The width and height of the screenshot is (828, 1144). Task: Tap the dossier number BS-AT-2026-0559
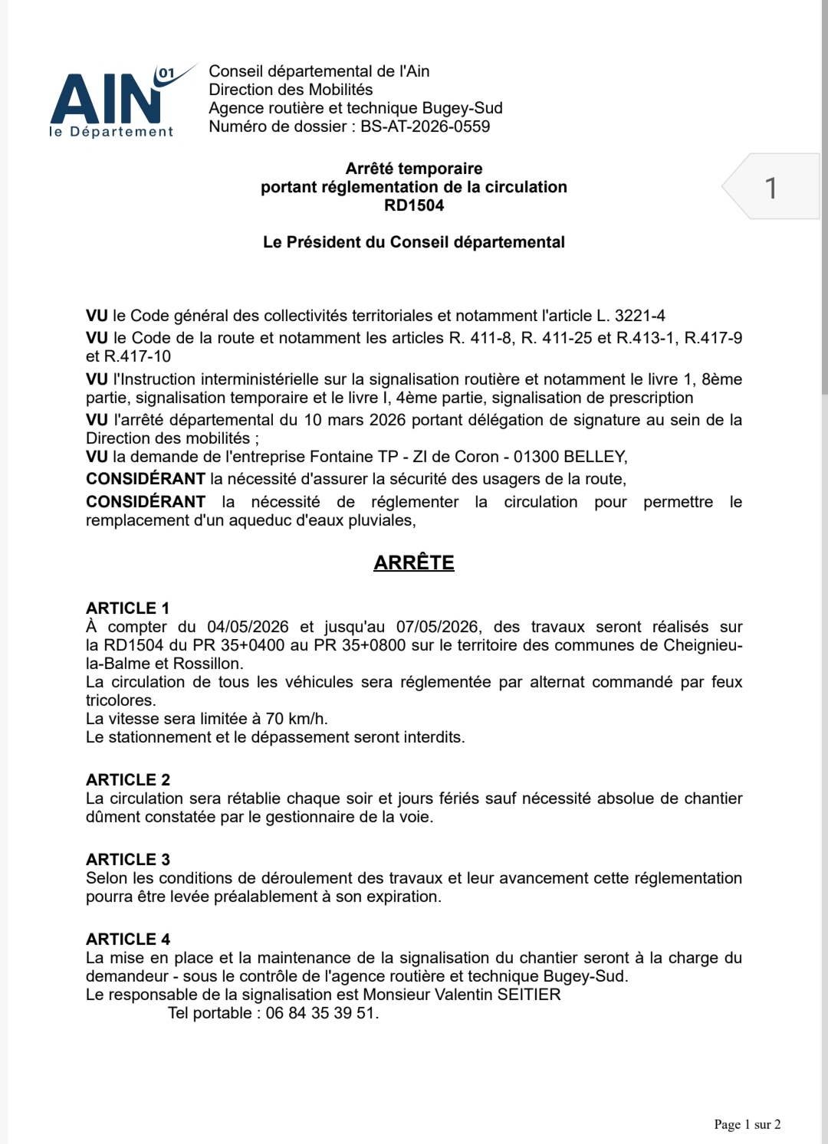425,126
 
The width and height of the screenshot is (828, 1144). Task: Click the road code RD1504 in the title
414,205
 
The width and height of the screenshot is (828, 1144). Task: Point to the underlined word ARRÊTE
414,562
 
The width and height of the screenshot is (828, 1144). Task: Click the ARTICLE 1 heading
127,608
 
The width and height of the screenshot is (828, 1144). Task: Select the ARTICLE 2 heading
127,779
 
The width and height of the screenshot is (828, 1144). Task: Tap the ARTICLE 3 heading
127,859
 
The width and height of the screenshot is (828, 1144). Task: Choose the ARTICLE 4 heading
127,939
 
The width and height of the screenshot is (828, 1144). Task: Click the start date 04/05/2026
248,627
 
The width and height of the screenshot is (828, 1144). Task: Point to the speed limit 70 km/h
296,719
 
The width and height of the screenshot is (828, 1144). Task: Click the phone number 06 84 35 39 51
322,1013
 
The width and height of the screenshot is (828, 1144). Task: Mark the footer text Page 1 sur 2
747,1124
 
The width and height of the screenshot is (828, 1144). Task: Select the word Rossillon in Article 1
207,664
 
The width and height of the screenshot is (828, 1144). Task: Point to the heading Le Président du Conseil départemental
414,242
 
